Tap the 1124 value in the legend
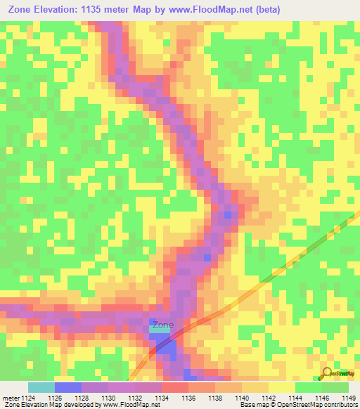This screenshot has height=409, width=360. pyautogui.click(x=27, y=398)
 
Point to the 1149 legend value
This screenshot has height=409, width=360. pyautogui.click(x=349, y=398)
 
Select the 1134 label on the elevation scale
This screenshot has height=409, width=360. pyautogui.click(x=162, y=398)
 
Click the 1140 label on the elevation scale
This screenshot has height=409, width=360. pyautogui.click(x=242, y=398)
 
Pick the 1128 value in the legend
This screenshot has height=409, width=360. pyautogui.click(x=82, y=398)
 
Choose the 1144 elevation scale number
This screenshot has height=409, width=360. pyautogui.click(x=295, y=398)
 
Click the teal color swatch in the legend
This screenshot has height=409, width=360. pyautogui.click(x=41, y=387)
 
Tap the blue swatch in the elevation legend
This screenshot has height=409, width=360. pyautogui.click(x=68, y=387)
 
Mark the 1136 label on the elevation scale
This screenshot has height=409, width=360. pyautogui.click(x=188, y=398)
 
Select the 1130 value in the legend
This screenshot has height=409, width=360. pyautogui.click(x=108, y=398)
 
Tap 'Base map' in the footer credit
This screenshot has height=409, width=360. pyautogui.click(x=250, y=405)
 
